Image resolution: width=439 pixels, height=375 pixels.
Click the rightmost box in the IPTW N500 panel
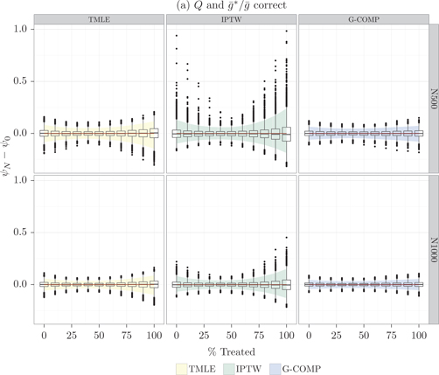pyautogui.click(x=286, y=134)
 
